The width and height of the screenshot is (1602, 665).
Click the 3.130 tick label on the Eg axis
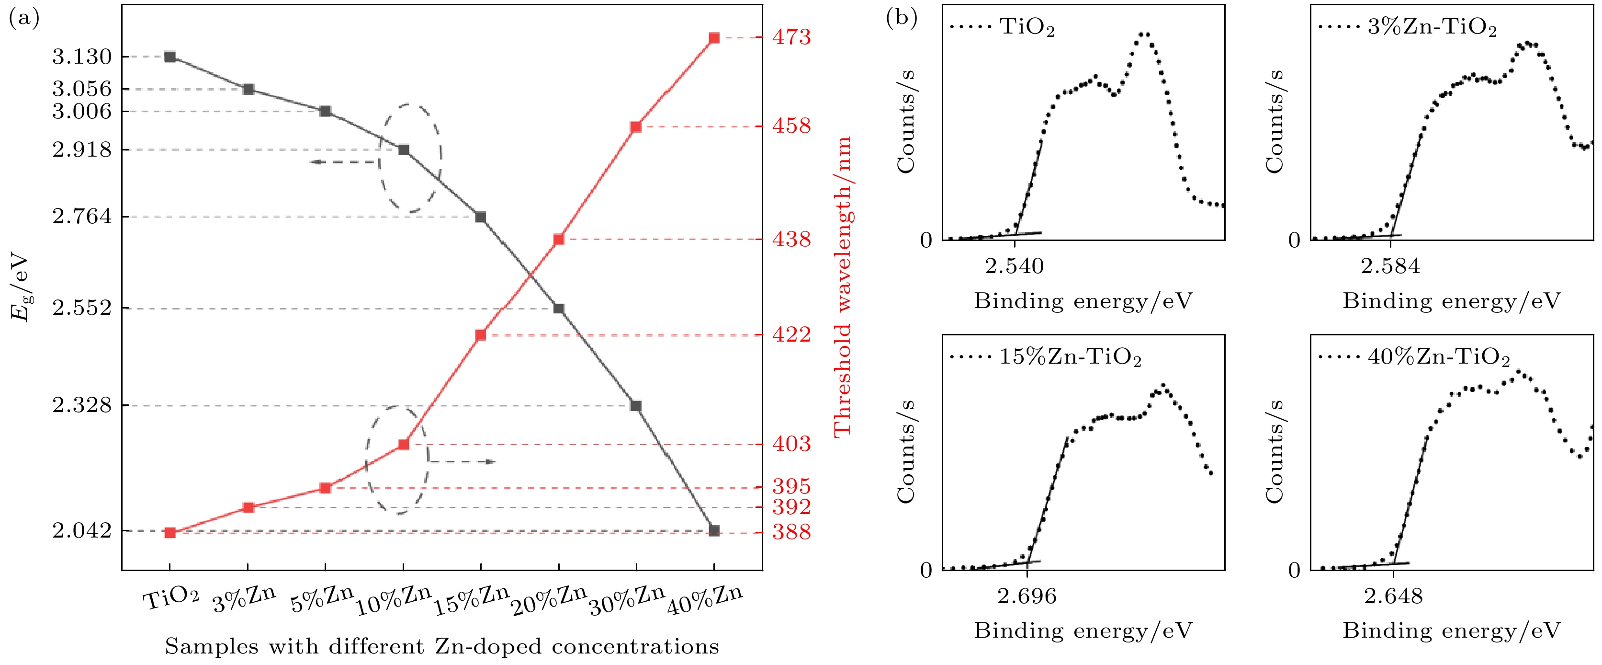point(81,57)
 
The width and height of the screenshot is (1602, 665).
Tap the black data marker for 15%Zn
point(480,217)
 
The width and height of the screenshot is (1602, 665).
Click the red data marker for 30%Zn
point(635,127)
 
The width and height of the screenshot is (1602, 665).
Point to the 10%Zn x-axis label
point(394,600)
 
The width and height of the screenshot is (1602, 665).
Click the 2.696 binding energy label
point(1027,596)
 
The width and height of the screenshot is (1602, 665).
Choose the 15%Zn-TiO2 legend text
point(1070,357)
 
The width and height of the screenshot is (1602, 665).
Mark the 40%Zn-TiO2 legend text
point(1438,357)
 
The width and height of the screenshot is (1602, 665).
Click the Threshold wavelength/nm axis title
point(842,286)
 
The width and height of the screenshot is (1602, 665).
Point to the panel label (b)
point(901,19)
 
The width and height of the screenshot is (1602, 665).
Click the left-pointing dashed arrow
point(344,162)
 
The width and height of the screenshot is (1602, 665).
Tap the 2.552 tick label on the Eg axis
point(81,308)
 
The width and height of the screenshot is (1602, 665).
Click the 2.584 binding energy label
point(1390,266)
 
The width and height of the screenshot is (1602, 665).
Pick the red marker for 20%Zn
point(558,240)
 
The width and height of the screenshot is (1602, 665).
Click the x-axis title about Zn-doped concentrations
point(441,647)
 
